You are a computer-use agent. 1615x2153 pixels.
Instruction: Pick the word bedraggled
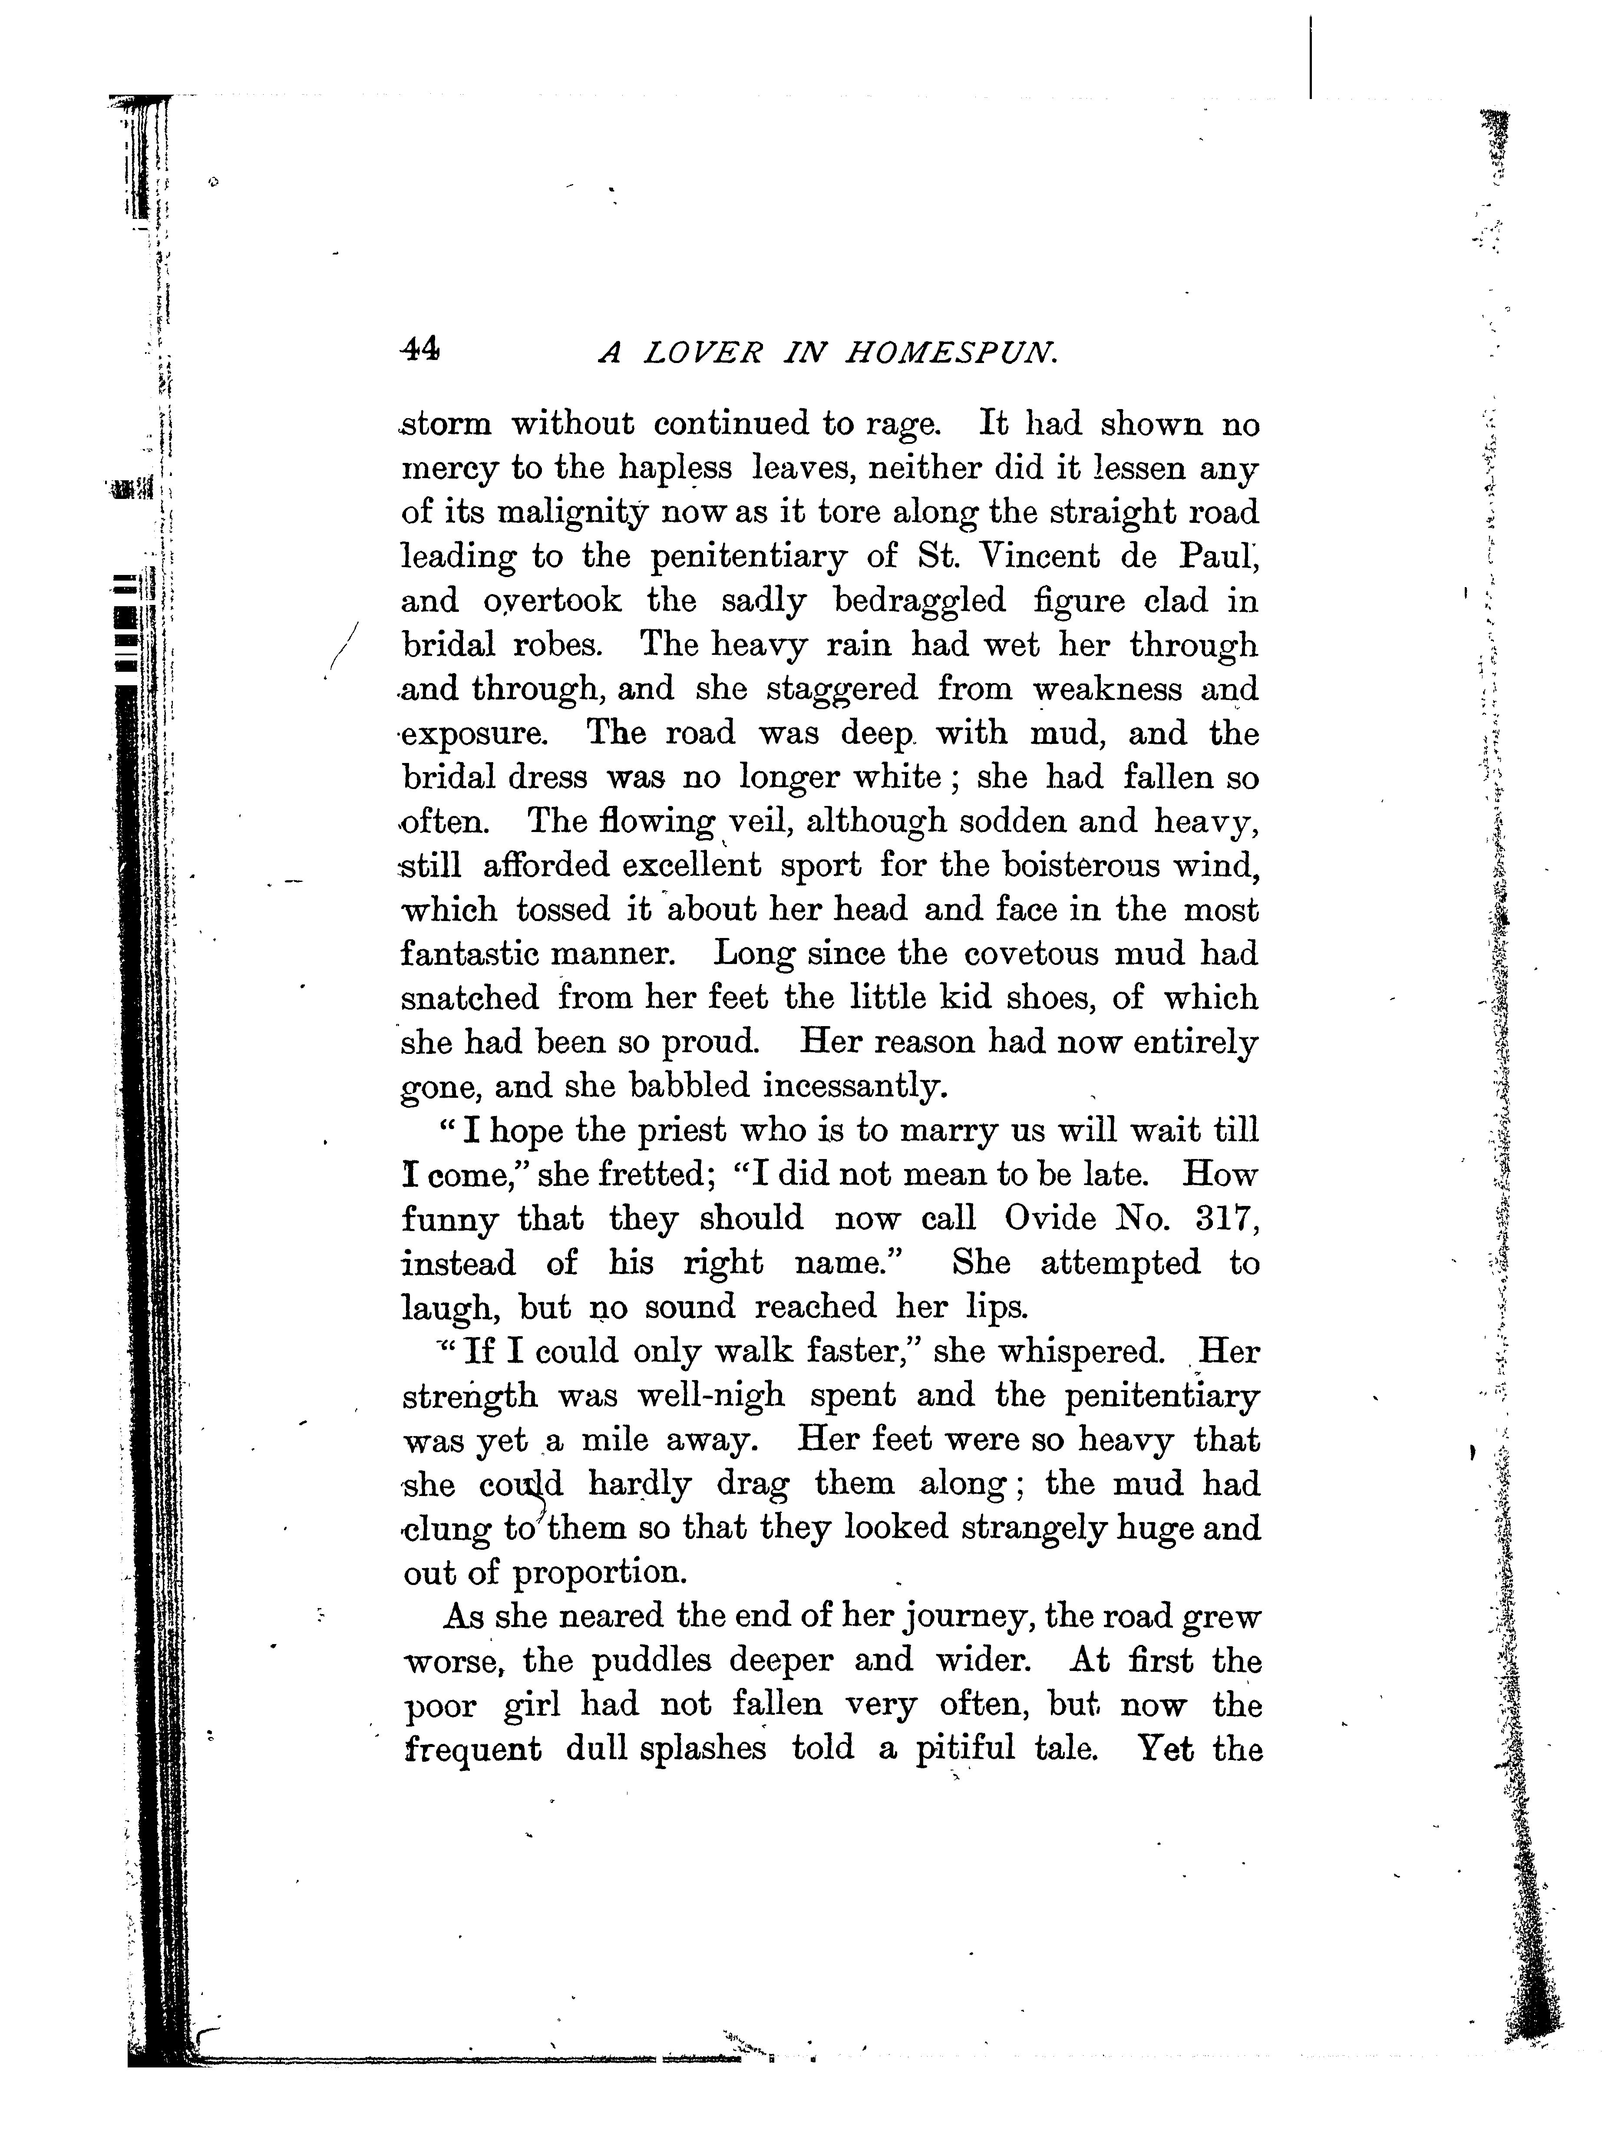point(920,601)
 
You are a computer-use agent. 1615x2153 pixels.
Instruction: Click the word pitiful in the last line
point(966,1749)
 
